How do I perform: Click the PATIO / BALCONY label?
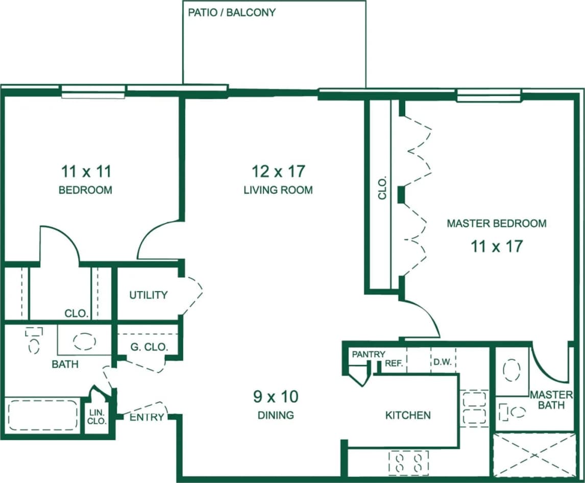[x=232, y=12]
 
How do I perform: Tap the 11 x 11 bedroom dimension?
[x=85, y=170]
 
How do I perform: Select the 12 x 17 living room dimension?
[x=278, y=170]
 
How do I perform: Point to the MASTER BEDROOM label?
[x=496, y=223]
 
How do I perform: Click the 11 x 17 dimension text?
[x=496, y=247]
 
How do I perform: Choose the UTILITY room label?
[x=148, y=295]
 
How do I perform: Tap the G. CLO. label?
[x=149, y=347]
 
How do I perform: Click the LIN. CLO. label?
[x=97, y=417]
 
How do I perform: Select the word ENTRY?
[x=147, y=417]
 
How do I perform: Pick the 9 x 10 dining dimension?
[x=276, y=396]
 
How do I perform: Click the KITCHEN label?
[x=407, y=415]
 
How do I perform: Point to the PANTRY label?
[x=369, y=354]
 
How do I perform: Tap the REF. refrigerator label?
[x=395, y=364]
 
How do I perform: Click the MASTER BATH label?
[x=551, y=400]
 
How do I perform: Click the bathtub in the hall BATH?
[x=42, y=415]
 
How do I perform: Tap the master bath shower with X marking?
[x=534, y=455]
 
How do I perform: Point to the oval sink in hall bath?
[x=84, y=341]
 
